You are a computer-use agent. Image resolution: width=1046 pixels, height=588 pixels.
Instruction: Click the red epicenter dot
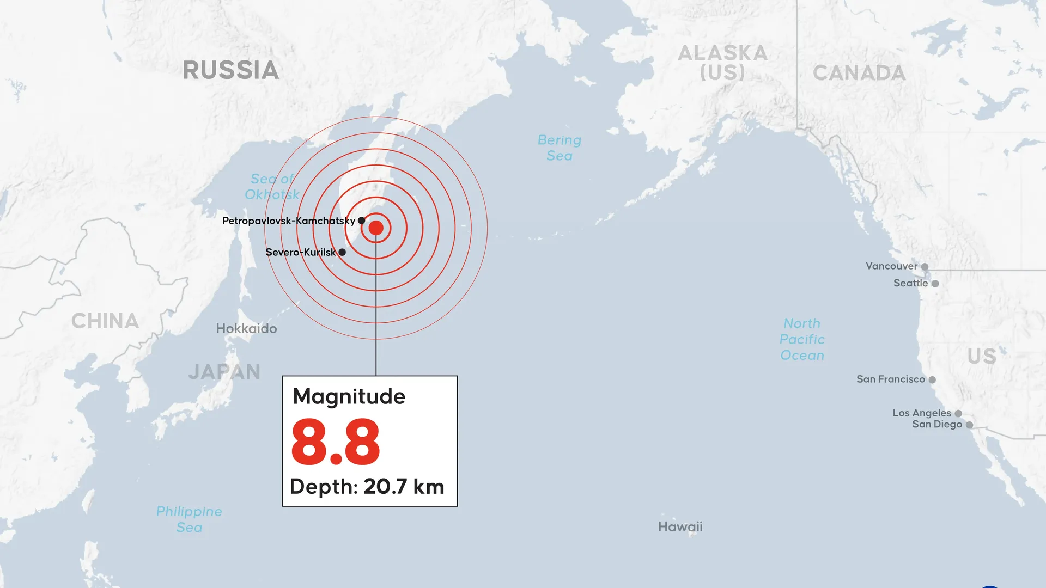[x=376, y=228]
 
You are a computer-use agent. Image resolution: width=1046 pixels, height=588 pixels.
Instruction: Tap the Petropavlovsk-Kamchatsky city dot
[x=361, y=220]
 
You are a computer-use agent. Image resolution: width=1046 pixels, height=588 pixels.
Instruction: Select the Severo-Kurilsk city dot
[x=342, y=252]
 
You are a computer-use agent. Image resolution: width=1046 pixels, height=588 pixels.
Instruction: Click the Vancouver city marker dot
[x=925, y=267]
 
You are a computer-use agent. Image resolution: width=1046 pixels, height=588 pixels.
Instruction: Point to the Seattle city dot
[x=935, y=284]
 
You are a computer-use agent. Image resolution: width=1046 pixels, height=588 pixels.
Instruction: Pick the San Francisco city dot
[x=932, y=380]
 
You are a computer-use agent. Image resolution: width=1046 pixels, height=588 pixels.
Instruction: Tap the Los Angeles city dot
[x=958, y=414]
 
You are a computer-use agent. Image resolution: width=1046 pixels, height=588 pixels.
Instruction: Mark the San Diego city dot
[x=969, y=425]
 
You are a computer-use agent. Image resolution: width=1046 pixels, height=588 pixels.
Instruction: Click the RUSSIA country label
[x=230, y=70]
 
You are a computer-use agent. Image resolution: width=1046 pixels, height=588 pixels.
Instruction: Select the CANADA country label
[x=859, y=73]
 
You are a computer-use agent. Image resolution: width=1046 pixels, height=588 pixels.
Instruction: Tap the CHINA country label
[x=105, y=321]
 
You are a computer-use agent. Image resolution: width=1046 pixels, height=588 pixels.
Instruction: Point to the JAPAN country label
[x=224, y=372]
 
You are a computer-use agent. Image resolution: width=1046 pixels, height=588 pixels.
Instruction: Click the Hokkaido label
[x=246, y=329]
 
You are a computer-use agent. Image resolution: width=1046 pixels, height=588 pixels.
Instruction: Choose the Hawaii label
[x=680, y=527]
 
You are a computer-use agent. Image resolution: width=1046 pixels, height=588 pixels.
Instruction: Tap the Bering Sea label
[x=560, y=148]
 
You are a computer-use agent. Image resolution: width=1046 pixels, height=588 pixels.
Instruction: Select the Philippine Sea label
[x=189, y=519]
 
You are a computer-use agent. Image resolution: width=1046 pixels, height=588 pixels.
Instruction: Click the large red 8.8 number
[x=336, y=442]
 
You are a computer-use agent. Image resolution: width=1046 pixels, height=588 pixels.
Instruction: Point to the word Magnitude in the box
[x=349, y=396]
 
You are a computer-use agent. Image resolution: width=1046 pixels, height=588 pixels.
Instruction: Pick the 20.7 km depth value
[x=404, y=487]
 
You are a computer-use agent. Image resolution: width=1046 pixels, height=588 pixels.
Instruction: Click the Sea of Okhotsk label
[x=272, y=187]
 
